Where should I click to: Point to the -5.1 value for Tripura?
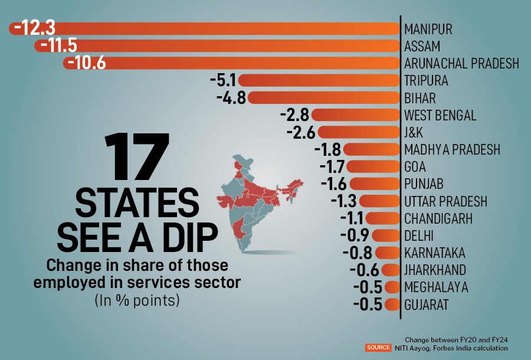coord(223,80)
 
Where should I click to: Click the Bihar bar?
coord(319,97)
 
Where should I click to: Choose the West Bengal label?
coord(440,115)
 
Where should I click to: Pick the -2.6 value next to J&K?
coord(301,132)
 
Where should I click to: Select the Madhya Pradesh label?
coord(452,149)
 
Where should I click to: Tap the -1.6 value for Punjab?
coord(334,184)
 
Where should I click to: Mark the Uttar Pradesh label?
coord(445,201)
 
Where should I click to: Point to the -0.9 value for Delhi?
coord(355,236)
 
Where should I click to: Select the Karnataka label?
coord(435,253)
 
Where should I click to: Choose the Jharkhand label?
coord(435,270)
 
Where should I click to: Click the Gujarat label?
coord(427,305)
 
